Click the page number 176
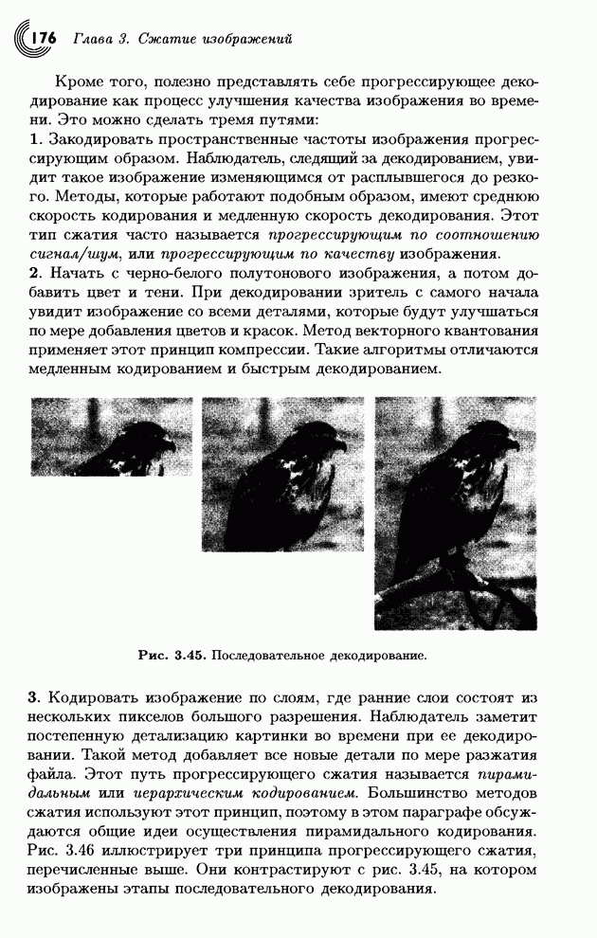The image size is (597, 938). coord(45,38)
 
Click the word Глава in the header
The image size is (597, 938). coord(89,39)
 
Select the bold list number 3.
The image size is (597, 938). coord(36,698)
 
